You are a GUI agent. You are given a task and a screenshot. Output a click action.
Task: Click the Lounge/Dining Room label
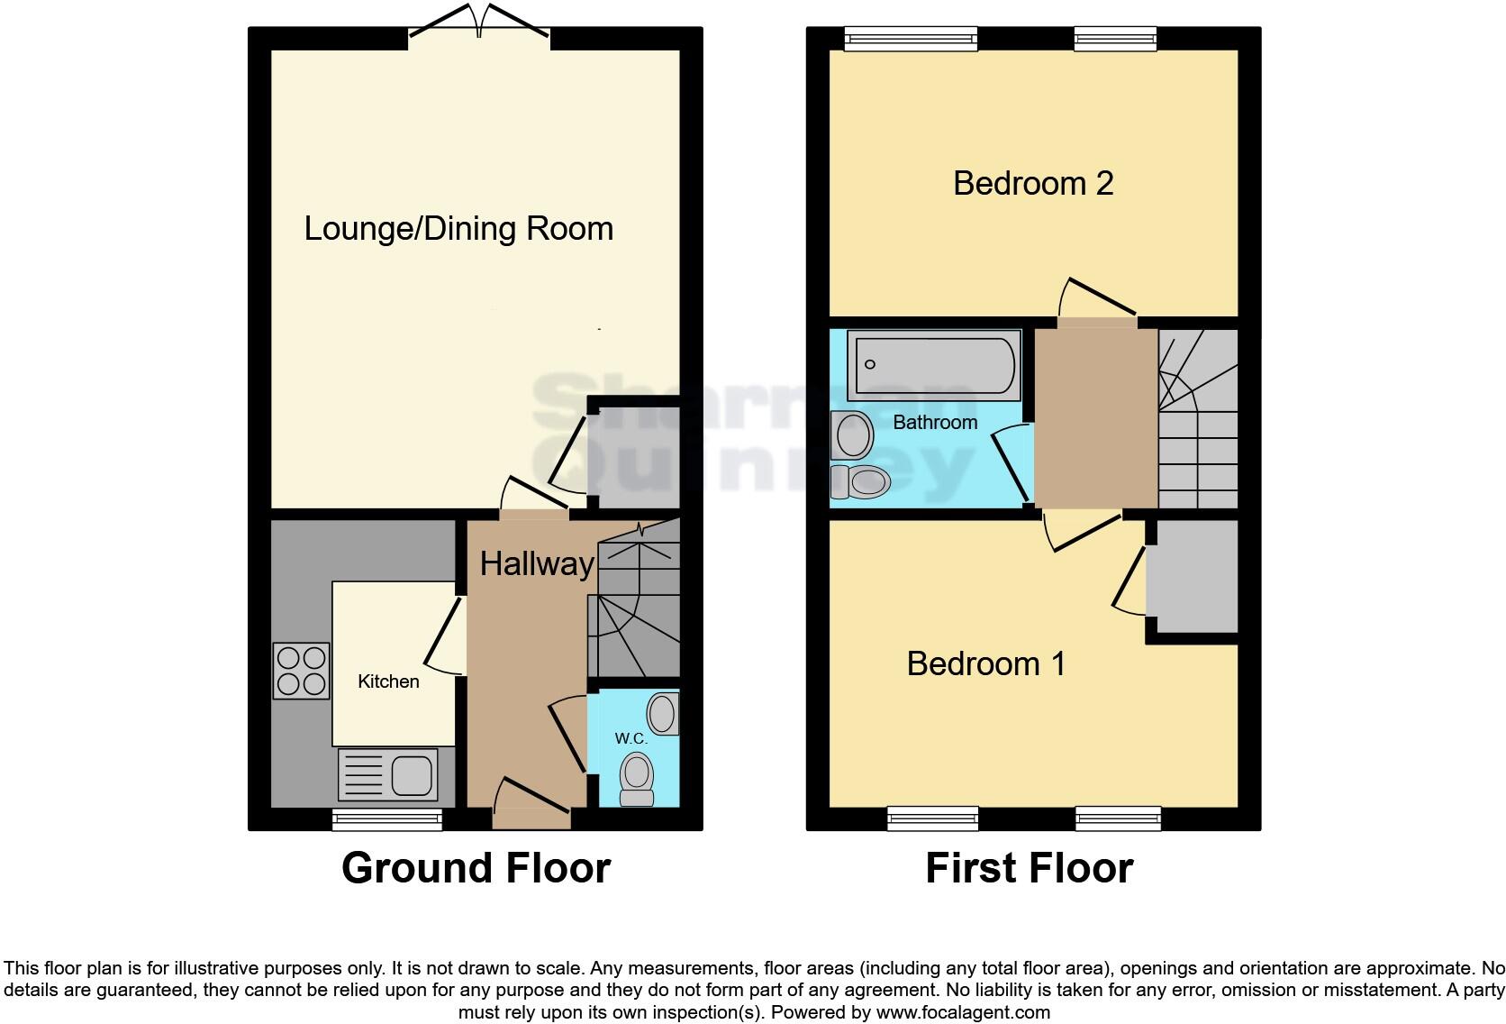(x=458, y=228)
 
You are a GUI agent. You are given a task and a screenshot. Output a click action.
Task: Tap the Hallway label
(x=536, y=564)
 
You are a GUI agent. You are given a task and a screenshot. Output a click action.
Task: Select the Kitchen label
(x=388, y=681)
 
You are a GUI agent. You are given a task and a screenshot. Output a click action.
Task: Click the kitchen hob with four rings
(x=302, y=672)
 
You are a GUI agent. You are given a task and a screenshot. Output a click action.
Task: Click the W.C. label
(x=631, y=738)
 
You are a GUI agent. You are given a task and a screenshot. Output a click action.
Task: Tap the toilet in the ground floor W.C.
(x=638, y=780)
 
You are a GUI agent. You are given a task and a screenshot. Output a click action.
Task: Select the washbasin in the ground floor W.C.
(x=664, y=713)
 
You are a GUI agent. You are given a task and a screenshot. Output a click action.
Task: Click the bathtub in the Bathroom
(x=936, y=365)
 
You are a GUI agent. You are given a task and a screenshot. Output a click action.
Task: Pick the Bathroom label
(x=935, y=422)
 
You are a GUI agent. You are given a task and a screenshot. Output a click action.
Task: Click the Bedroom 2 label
(x=1033, y=183)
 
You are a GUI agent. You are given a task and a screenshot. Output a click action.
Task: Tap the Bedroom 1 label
(x=985, y=663)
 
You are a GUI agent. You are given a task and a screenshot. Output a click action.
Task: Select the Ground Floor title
(x=476, y=868)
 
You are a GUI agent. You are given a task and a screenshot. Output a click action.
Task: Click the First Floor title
(x=1029, y=868)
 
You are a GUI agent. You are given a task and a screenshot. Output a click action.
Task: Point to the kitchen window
(x=387, y=819)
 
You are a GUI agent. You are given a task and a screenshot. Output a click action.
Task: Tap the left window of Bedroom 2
(x=911, y=38)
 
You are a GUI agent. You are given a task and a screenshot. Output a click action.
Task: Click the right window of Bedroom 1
(x=1118, y=819)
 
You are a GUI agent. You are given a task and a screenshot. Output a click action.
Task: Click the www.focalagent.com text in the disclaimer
(x=962, y=1012)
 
